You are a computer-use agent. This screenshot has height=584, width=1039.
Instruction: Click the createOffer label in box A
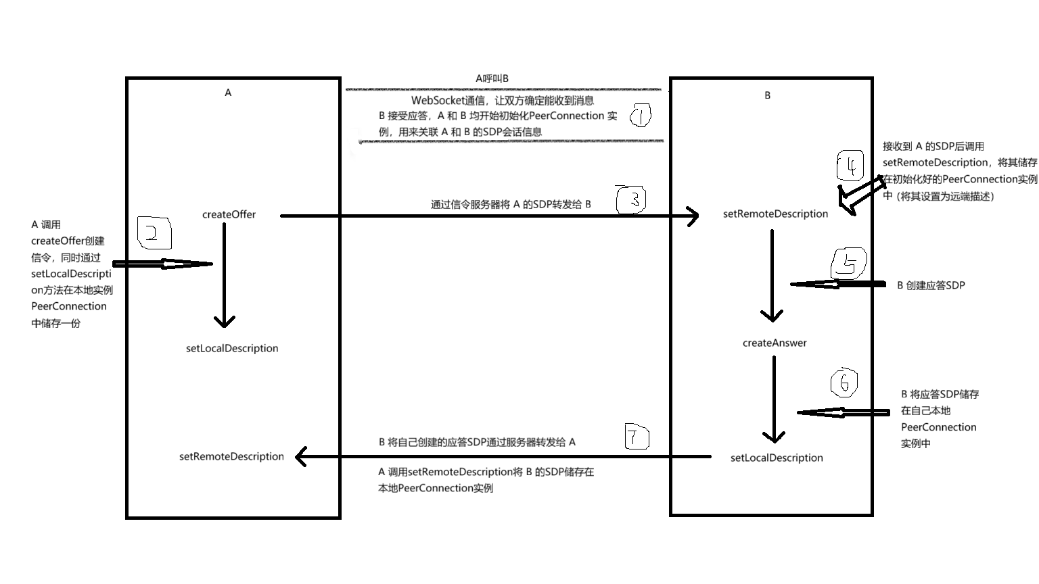click(x=229, y=215)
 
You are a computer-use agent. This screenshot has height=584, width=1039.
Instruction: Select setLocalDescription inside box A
click(x=232, y=349)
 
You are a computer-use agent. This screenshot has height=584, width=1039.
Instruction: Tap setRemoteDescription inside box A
click(x=231, y=457)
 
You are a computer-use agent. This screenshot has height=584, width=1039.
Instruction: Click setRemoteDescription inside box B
click(x=775, y=214)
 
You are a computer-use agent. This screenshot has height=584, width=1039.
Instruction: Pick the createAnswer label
click(x=775, y=343)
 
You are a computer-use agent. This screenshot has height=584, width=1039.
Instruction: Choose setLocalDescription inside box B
click(x=777, y=458)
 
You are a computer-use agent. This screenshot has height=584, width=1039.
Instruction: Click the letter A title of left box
click(x=228, y=93)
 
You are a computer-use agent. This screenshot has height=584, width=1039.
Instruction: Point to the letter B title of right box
click(x=767, y=95)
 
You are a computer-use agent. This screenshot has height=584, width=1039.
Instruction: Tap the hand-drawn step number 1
click(x=640, y=116)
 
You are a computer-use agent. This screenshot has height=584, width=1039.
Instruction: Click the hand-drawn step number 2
click(x=154, y=233)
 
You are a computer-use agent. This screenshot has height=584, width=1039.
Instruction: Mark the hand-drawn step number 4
click(x=850, y=166)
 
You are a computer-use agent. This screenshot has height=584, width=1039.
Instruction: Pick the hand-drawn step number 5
click(x=849, y=264)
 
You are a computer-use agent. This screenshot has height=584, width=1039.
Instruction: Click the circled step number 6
click(x=844, y=383)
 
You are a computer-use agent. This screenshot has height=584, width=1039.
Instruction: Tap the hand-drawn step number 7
click(x=635, y=437)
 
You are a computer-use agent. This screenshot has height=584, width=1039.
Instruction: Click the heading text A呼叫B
click(x=492, y=79)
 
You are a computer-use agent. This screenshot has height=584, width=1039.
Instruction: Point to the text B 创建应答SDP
click(x=931, y=286)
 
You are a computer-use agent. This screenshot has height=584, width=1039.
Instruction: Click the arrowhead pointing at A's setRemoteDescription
click(x=302, y=457)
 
